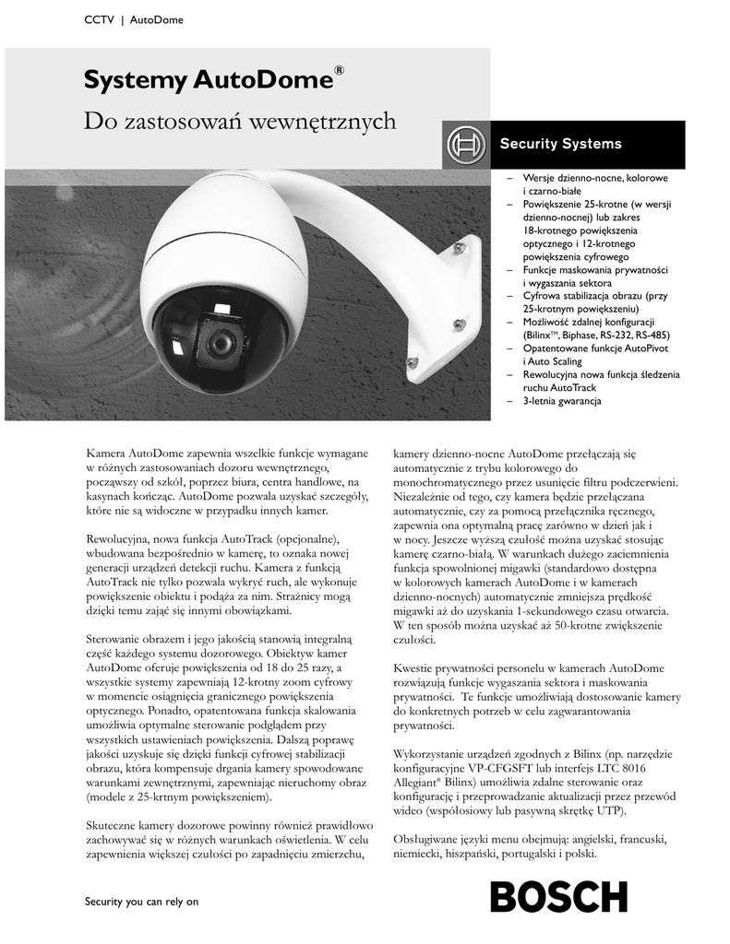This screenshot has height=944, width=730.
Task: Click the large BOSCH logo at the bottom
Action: click(x=558, y=896)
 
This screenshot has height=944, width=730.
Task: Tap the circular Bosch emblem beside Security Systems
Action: click(x=464, y=145)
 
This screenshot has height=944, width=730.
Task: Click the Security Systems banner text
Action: click(x=560, y=144)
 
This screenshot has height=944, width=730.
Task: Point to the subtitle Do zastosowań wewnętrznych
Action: click(x=240, y=121)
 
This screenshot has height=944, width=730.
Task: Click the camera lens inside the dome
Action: click(x=219, y=342)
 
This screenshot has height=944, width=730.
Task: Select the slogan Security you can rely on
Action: click(x=141, y=902)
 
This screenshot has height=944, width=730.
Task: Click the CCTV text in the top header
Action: click(x=99, y=20)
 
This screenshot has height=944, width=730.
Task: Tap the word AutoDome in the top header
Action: click(x=156, y=20)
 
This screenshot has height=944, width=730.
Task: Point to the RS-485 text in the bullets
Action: click(x=651, y=336)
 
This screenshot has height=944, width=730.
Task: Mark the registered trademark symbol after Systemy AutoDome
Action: click(x=339, y=71)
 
